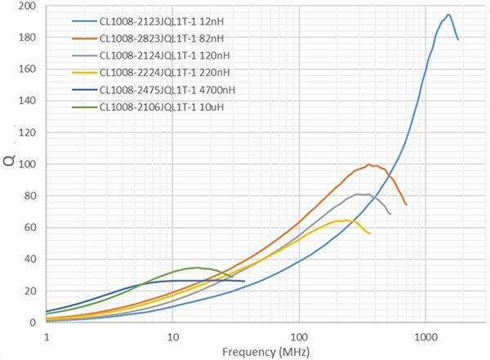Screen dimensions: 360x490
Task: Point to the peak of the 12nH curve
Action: (x=448, y=15)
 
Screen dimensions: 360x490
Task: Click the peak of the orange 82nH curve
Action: (x=370, y=165)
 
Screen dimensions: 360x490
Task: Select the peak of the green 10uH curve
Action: (x=196, y=267)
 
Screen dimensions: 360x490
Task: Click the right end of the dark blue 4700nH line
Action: (x=245, y=282)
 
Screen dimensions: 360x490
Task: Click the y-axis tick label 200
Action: (x=28, y=7)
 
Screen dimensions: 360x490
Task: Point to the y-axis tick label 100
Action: (x=28, y=164)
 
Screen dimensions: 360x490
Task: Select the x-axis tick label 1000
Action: (x=425, y=335)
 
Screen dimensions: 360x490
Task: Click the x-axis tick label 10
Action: (x=172, y=335)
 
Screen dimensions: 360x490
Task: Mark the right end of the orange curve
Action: (x=406, y=204)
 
